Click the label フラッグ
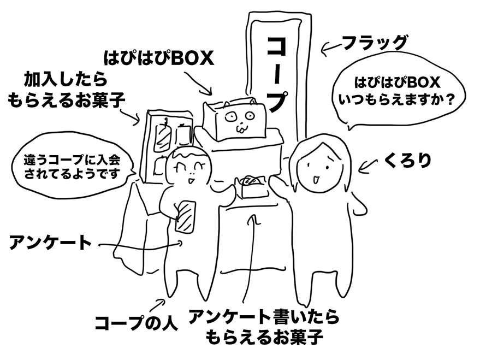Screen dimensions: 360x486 pos(375,42)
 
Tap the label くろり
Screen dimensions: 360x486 pos(408,160)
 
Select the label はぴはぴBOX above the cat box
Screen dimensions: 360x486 pos(158,58)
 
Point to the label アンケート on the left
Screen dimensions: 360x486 pos(50,243)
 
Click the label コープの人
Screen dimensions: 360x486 pos(136,322)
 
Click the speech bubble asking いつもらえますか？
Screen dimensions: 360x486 pos(398,92)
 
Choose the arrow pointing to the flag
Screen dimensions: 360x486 pos(330,50)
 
